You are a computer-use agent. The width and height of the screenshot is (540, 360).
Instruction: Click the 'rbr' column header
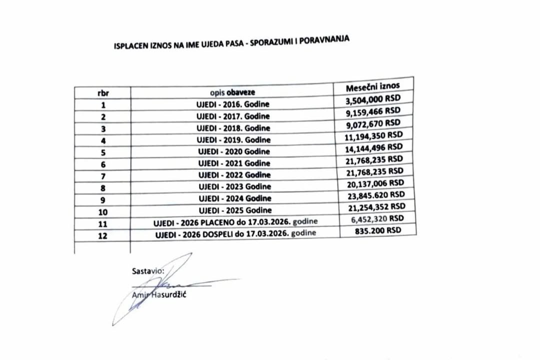point(103,93)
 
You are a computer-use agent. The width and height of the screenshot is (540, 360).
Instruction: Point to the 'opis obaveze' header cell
point(232,92)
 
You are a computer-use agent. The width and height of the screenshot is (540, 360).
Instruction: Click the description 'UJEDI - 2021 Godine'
point(234,163)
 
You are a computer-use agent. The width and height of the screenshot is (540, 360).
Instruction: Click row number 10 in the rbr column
point(103,211)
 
